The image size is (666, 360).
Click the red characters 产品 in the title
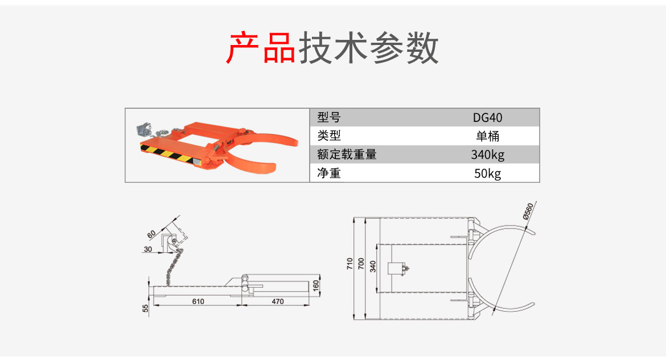coord(261,48)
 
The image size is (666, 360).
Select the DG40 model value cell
coord(488,118)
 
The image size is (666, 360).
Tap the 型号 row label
coord(329,118)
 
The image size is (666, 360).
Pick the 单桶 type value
coord(488,136)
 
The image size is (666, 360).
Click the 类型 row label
coord(329,136)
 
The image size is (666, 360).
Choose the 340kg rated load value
coord(488,154)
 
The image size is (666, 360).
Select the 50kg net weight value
coord(488,173)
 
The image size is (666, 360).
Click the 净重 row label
coord(329,173)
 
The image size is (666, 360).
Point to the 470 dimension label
coord(277,301)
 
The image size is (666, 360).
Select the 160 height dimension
coord(316,284)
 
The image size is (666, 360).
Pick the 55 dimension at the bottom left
coord(146,308)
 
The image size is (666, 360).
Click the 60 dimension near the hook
coord(151,234)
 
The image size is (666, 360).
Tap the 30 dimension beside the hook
coord(148,249)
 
